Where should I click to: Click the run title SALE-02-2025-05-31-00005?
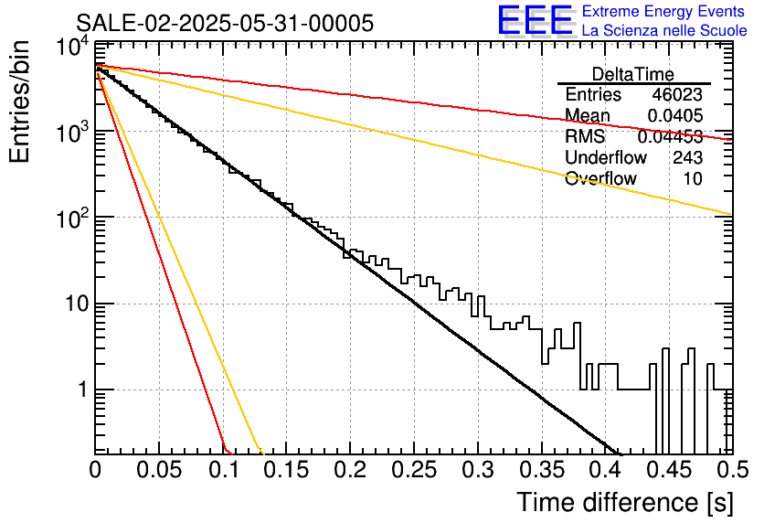(x=224, y=24)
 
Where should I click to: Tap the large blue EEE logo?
(x=535, y=20)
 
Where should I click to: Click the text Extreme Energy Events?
(x=664, y=12)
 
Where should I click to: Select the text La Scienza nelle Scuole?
(x=664, y=30)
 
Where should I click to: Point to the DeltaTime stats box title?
(x=633, y=74)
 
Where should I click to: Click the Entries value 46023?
(x=677, y=95)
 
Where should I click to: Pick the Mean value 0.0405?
(x=674, y=116)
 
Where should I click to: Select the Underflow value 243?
(x=686, y=158)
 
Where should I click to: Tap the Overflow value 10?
(x=693, y=179)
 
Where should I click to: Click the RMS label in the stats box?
(x=585, y=137)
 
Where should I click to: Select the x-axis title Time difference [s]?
(x=624, y=502)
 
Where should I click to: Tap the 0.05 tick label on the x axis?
(x=159, y=471)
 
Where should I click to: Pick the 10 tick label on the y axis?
(x=73, y=304)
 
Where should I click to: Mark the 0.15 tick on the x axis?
(x=286, y=471)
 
